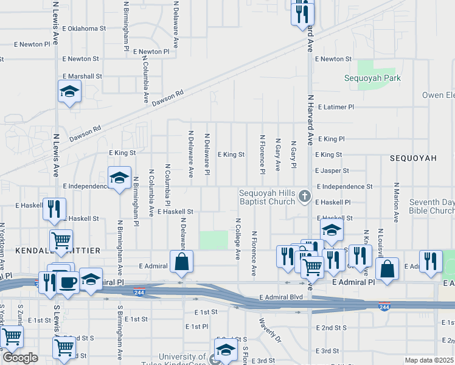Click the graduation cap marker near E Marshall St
[x=69, y=92]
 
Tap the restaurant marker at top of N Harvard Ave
[x=302, y=13]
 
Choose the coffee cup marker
[x=68, y=282]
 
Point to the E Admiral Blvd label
[x=280, y=297]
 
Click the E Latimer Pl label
[x=334, y=107]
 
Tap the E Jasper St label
[x=332, y=172]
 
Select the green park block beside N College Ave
[x=212, y=240]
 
